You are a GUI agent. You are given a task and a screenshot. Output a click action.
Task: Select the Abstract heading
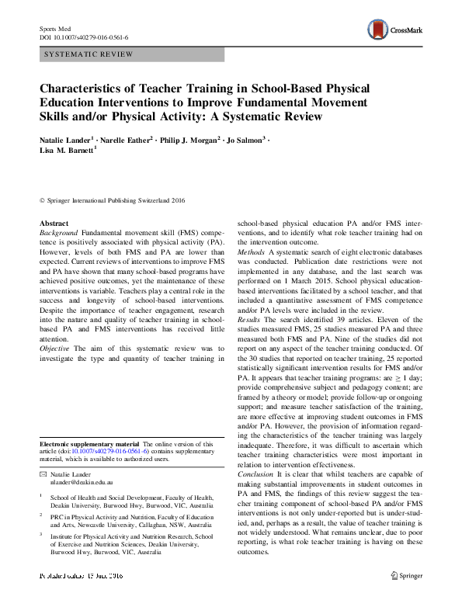(54, 223)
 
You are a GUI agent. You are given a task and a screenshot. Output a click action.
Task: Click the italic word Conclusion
(255, 474)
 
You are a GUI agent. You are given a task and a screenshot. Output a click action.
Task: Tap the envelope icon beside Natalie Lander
(43, 473)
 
